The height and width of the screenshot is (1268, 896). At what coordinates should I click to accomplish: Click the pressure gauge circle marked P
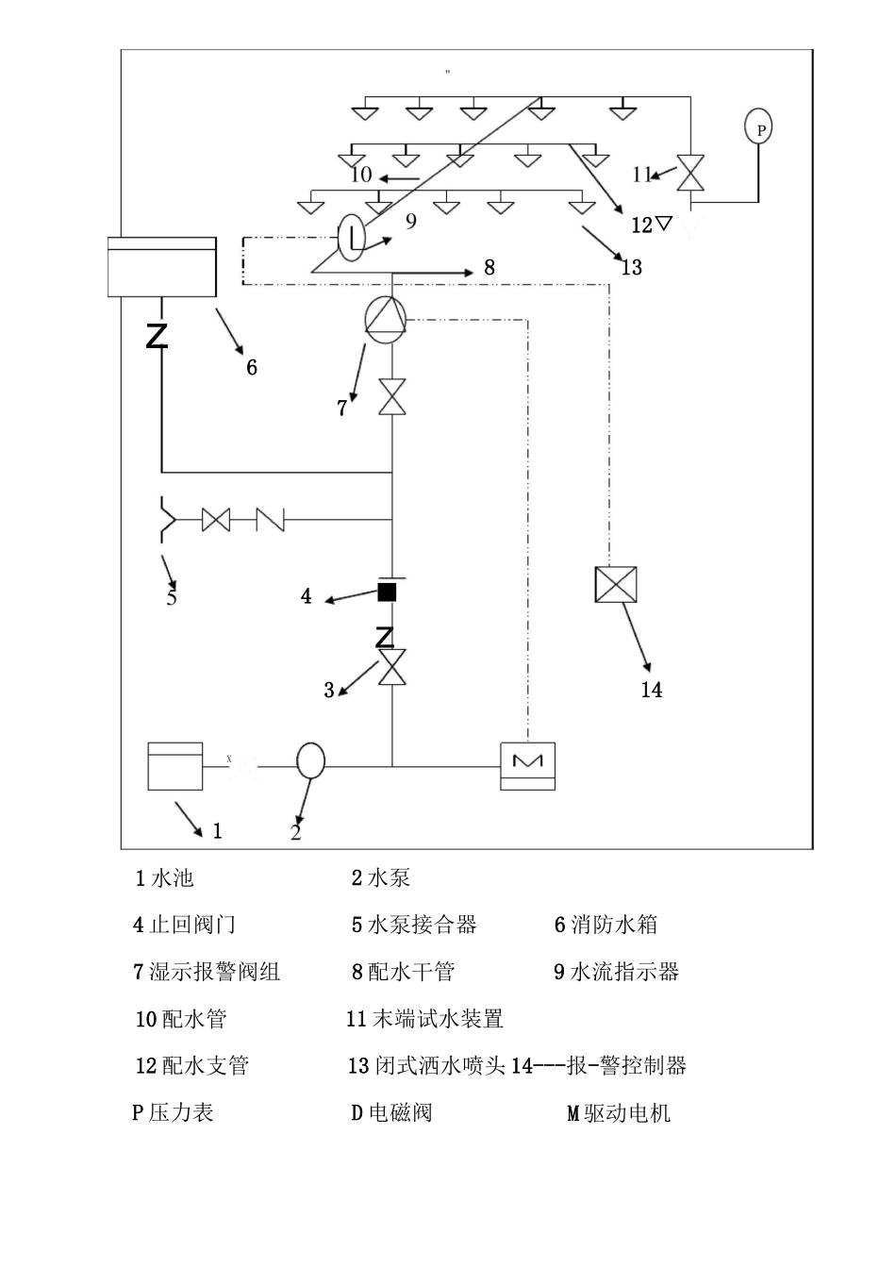point(758,126)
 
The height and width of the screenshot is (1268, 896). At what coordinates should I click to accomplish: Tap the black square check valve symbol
point(387,592)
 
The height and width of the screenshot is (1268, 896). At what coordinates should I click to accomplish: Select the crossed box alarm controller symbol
point(616,585)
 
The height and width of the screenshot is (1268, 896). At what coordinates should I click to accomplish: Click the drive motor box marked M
point(527,765)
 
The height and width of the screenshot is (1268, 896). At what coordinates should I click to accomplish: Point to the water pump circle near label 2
point(310,759)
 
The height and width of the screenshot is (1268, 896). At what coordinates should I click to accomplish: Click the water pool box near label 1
point(175,766)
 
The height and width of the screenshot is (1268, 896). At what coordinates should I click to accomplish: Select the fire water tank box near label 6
point(161,266)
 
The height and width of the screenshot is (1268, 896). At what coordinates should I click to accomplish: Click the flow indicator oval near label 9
point(351,236)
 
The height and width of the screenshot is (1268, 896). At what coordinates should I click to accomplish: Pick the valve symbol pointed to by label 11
point(693,173)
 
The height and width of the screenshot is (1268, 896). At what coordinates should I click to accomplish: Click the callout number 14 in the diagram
point(652,690)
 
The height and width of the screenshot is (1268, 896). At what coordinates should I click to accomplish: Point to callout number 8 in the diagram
point(489,268)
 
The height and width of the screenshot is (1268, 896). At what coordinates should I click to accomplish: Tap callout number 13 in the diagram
point(631,267)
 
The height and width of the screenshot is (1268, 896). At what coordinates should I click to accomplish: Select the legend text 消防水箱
point(614,925)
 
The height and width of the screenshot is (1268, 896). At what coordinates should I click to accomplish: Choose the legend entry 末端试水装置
point(425,1019)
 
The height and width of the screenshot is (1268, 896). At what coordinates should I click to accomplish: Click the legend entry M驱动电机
point(619,1113)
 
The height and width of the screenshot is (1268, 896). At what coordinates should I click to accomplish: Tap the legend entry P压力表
point(173,1112)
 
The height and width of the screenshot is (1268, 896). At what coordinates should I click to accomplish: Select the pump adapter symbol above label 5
point(167,520)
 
